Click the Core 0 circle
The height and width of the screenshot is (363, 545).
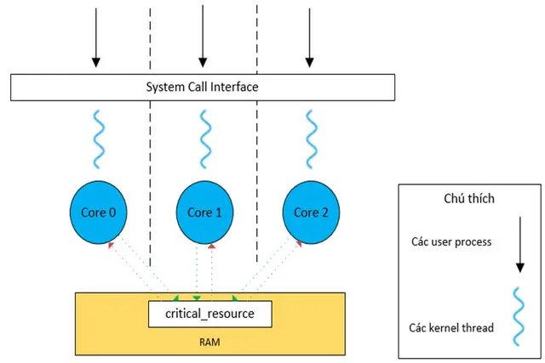99,213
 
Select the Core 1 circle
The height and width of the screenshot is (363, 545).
204,213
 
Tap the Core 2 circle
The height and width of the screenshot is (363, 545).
311,213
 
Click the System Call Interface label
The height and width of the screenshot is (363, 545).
202,87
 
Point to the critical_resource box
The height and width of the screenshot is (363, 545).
210,314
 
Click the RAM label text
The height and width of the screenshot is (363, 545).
209,343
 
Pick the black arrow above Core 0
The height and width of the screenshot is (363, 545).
96,37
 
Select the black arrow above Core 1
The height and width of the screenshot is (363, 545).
203,36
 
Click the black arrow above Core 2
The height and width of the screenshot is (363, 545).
309,37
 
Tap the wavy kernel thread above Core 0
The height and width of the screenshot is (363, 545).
99,139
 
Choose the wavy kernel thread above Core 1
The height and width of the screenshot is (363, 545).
205,139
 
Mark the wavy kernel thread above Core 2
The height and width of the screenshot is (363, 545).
312,139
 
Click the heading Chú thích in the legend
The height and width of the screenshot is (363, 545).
469,199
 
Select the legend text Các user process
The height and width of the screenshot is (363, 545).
451,242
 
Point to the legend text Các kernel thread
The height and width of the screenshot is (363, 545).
451,328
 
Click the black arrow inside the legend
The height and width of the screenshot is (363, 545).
520,245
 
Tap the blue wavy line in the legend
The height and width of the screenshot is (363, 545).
519,316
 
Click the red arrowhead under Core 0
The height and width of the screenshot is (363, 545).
111,246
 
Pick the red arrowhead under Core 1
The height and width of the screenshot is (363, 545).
212,247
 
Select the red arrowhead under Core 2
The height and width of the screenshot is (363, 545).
299,244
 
